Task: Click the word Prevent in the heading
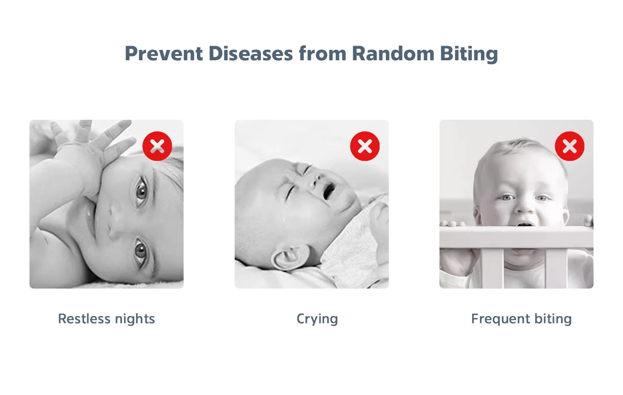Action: click(x=164, y=53)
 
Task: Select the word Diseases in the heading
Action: click(x=250, y=53)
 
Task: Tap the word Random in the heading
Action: click(x=393, y=53)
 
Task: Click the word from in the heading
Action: click(x=322, y=53)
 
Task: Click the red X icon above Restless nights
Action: click(x=157, y=146)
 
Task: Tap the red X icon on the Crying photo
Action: click(x=365, y=146)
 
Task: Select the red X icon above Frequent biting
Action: click(x=569, y=146)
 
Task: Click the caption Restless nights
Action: click(x=106, y=319)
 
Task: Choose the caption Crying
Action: click(x=317, y=319)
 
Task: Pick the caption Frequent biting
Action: click(x=522, y=319)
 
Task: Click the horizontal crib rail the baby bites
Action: click(x=516, y=237)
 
